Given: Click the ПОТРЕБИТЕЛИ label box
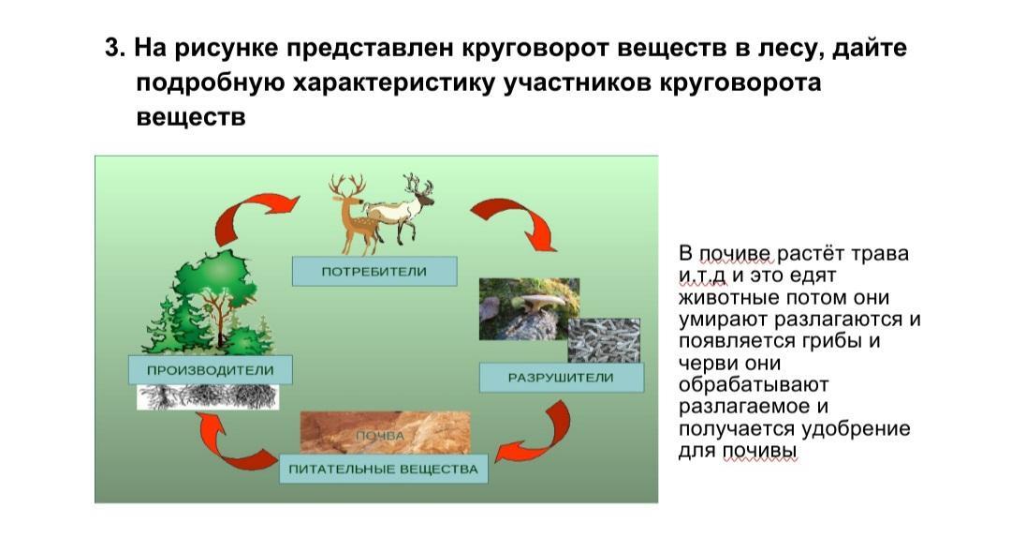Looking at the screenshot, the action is tap(374, 271).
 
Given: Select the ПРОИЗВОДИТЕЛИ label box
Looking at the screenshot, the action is tap(211, 370).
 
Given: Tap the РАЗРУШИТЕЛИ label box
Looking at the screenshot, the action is tap(561, 378).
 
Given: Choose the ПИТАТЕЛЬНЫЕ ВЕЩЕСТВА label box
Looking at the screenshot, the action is tap(383, 469).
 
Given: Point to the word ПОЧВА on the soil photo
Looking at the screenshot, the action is tap(380, 436).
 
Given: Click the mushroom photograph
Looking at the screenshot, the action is tap(529, 308).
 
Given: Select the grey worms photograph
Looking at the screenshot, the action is tap(604, 340).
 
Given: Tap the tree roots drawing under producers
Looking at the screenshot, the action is tap(208, 397).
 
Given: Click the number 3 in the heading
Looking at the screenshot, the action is tap(112, 49).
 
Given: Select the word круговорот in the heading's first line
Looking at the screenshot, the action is tap(535, 49).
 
